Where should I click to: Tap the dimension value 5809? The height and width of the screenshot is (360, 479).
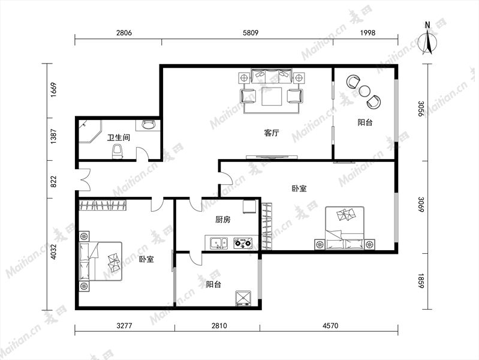point(251,33)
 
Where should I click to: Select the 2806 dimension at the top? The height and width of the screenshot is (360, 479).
point(124,33)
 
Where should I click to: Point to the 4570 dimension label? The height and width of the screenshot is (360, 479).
point(330,326)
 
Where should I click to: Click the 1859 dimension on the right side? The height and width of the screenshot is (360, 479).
point(421,281)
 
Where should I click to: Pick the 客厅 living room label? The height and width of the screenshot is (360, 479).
point(272,133)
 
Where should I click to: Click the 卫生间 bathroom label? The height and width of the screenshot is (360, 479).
point(119,137)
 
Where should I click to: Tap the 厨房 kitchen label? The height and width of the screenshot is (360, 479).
point(223,220)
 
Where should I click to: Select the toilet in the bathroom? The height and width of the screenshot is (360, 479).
point(118,151)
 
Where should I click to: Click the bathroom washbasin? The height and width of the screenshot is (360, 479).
point(149,125)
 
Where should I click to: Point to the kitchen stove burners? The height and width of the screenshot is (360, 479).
point(243,243)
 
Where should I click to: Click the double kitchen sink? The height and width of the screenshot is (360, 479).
point(218,243)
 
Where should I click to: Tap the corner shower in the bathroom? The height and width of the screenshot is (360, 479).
point(90,131)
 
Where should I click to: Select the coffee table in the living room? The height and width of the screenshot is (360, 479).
point(272,97)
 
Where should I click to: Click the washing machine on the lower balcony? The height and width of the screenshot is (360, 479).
point(243,298)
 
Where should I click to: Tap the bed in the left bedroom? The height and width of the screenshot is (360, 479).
point(101,262)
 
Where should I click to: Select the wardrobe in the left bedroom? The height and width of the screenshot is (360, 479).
point(103,205)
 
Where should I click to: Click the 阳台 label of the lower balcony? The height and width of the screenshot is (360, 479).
point(213,284)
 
